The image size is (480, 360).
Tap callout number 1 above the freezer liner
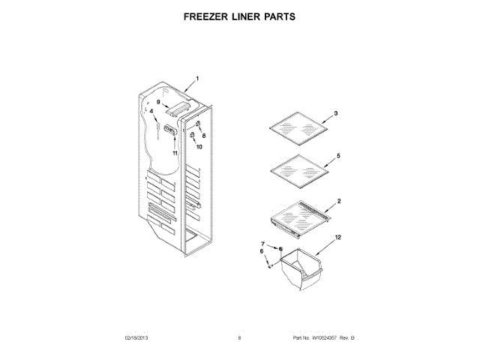[x=198, y=78]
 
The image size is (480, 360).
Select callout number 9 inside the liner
[x=159, y=101]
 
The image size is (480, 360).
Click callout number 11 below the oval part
[x=175, y=152]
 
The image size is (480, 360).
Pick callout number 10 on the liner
[x=199, y=147]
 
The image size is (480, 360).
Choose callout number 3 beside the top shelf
[x=335, y=112]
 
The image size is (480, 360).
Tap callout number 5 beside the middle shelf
[x=338, y=155]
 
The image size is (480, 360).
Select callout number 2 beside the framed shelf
[x=338, y=201]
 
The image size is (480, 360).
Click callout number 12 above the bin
[x=337, y=237]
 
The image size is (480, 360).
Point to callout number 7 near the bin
[x=262, y=245]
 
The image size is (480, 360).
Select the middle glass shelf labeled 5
[x=298, y=171]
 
